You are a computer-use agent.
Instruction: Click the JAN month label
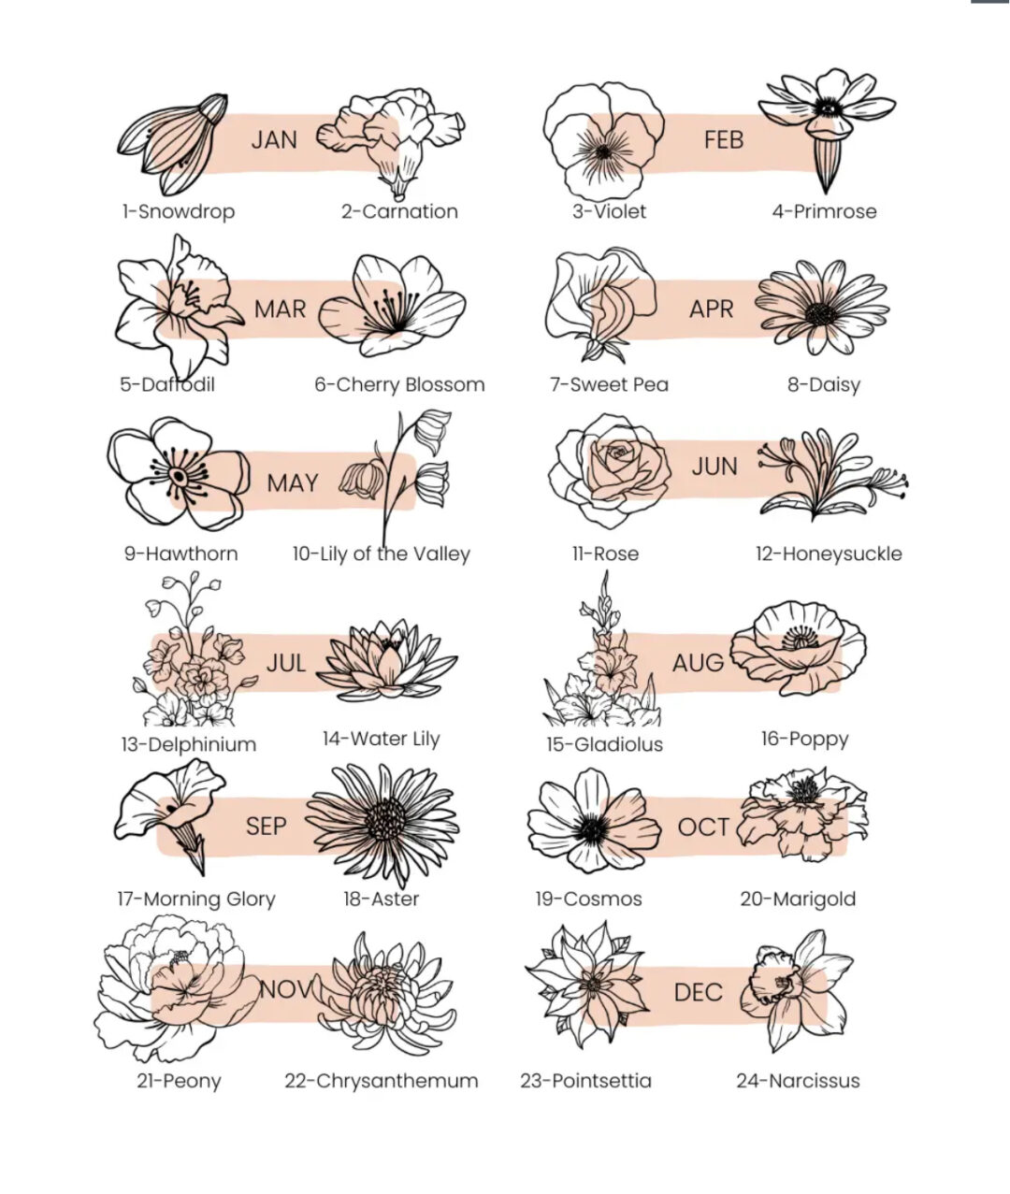[274, 140]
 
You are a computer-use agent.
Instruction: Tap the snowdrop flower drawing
[172, 144]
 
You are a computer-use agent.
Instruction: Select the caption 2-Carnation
[399, 211]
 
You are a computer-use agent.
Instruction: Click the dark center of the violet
[602, 152]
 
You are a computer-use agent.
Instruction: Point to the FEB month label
[724, 140]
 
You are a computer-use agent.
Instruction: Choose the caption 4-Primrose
[824, 211]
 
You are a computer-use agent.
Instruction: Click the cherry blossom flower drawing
[393, 306]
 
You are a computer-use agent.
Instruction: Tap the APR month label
[711, 309]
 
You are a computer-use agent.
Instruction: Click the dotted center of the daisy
[821, 313]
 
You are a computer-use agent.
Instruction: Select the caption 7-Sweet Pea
[609, 384]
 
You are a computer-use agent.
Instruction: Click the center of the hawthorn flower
[179, 477]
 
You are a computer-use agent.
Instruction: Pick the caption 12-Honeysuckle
[829, 554]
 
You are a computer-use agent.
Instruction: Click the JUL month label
[286, 663]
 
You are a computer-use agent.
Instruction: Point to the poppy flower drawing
[798, 648]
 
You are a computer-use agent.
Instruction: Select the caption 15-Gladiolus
[604, 744]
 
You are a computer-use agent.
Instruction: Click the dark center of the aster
[385, 818]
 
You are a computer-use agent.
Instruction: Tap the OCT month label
[703, 827]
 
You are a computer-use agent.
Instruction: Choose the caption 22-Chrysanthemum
[382, 1081]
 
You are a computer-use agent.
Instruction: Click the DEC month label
[698, 992]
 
